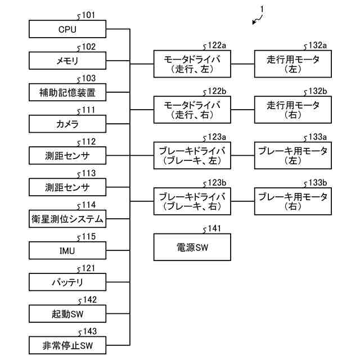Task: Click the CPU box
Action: pos(67,29)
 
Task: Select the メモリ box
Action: pos(67,61)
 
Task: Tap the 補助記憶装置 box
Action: pos(67,92)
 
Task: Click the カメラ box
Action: pos(67,124)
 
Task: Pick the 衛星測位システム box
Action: pos(67,219)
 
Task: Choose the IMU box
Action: pos(67,250)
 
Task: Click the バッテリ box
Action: pos(67,282)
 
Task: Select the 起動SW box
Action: pos(67,314)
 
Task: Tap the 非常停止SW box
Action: pos(67,345)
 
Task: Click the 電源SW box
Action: pos(192,247)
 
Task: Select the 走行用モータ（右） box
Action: pos(293,110)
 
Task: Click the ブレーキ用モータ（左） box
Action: pos(293,155)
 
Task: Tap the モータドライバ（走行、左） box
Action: pos(192,64)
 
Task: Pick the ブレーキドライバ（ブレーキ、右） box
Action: pos(192,201)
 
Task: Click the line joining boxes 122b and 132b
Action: pos(242,110)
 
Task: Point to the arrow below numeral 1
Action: pos(257,20)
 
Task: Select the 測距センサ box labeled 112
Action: pos(67,156)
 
